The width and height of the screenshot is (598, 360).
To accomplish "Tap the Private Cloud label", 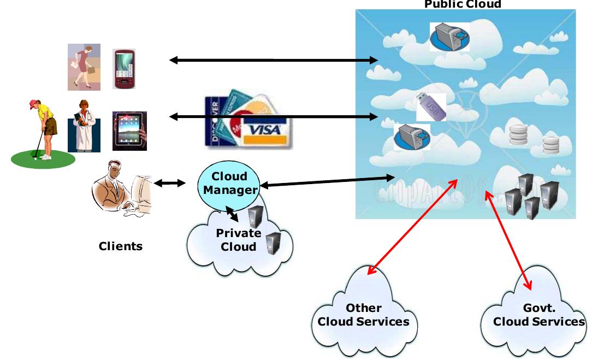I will (x=239, y=240).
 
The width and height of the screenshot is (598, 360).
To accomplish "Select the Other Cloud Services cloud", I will (x=364, y=315).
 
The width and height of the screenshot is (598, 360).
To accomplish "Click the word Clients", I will (x=121, y=246).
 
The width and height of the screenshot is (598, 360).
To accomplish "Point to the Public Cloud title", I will (x=463, y=4).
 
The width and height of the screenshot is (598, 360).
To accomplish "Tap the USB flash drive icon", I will (x=431, y=107).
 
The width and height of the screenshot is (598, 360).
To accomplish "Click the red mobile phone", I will (x=124, y=68).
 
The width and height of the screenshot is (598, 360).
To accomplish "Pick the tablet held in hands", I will (x=129, y=131).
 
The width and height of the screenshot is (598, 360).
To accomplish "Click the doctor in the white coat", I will (x=84, y=126).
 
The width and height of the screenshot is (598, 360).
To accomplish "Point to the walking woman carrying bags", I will (x=84, y=67).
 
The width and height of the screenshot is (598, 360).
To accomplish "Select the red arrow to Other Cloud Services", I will (x=413, y=227).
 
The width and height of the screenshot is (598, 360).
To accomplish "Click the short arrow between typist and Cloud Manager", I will (x=170, y=184).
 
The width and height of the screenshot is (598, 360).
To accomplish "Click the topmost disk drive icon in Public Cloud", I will (x=449, y=37).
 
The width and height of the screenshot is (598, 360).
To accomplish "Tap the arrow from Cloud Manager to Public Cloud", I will (x=328, y=181).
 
